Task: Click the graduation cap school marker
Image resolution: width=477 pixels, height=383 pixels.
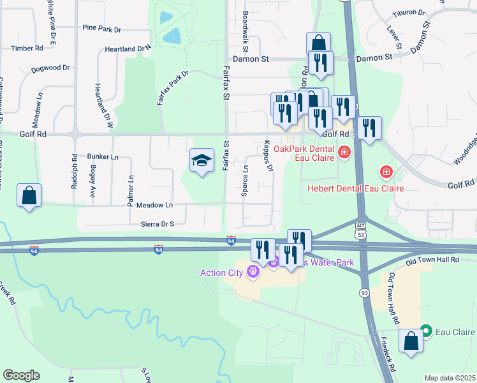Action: coord(202,161)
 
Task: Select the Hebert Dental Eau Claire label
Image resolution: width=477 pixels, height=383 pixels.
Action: coord(355,188)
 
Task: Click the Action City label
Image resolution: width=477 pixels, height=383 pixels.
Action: coord(221,273)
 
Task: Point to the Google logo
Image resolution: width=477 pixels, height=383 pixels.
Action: coord(21,375)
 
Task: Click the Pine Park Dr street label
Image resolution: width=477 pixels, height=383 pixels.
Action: coord(101,29)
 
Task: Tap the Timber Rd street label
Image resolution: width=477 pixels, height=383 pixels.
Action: coord(27,48)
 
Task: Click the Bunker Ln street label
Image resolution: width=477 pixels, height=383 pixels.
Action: coord(103,156)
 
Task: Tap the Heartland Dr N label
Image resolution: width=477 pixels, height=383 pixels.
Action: coord(128,49)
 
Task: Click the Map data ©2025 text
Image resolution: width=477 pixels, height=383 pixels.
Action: coord(450,378)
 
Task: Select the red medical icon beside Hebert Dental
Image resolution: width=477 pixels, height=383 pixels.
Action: coord(386,172)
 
